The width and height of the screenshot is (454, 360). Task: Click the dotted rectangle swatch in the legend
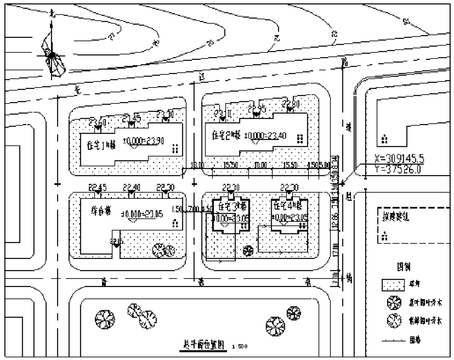(x=393, y=285)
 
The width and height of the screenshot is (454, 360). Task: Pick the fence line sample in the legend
(x=393, y=339)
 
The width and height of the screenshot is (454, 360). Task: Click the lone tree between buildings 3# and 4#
(x=248, y=250)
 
